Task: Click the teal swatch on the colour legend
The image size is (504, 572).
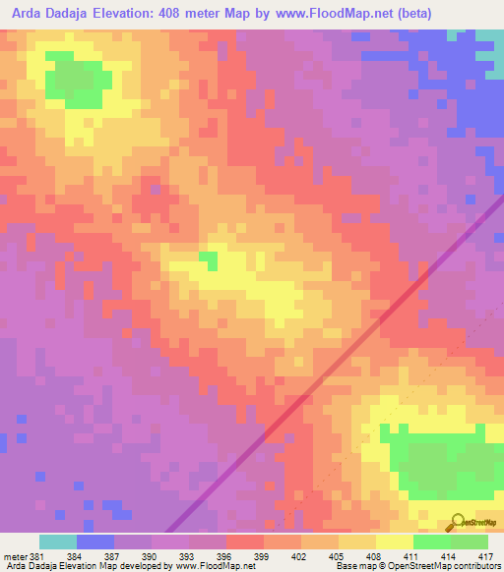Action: [58, 542]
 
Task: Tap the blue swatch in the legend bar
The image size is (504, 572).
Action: [95, 542]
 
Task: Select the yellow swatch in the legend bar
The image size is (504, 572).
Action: [394, 542]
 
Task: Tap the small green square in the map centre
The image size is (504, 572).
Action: [208, 258]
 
